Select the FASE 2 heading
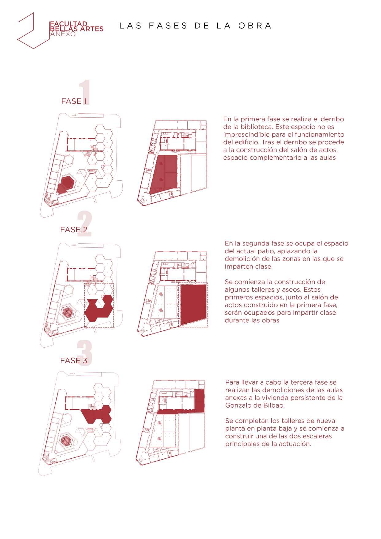74,230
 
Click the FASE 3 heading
74,361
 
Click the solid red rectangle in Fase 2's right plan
193,305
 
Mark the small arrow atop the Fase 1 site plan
73,115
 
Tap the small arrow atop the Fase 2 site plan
73,245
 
